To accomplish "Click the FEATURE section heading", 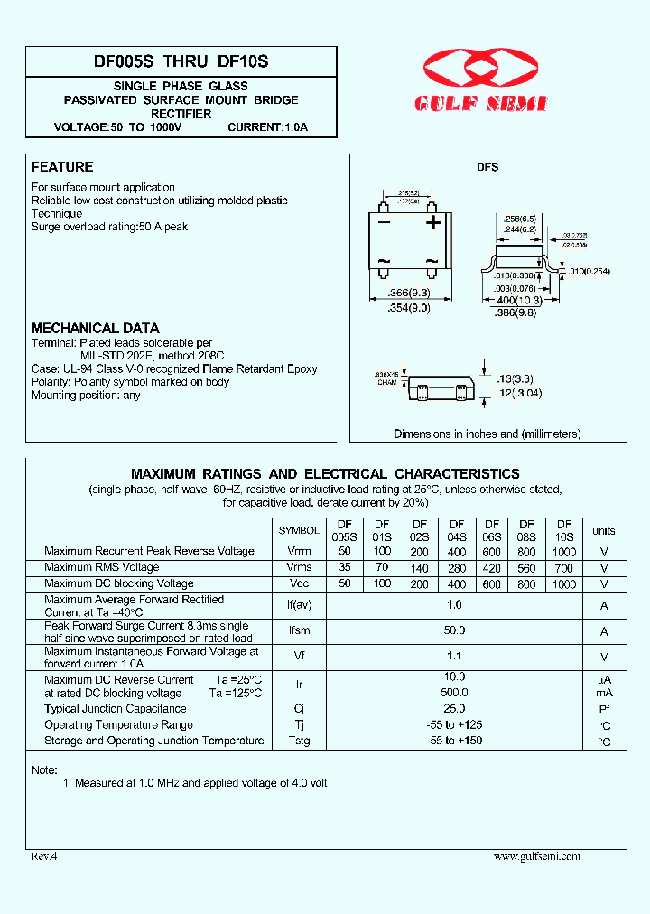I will (x=62, y=167).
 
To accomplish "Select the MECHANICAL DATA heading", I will (x=96, y=329).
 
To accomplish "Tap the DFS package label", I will (x=487, y=168).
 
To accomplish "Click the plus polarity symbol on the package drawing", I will (x=433, y=222).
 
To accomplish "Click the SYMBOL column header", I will (x=299, y=531).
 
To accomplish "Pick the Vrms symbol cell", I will (x=299, y=568).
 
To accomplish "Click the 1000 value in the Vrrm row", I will (x=563, y=551).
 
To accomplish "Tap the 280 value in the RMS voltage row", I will (x=457, y=568).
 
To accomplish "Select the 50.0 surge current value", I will (x=455, y=630).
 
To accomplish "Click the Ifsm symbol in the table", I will (x=299, y=631).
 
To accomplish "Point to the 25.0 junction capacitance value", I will (x=455, y=709).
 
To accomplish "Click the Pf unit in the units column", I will (x=604, y=710).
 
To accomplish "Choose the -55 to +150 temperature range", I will (x=455, y=741).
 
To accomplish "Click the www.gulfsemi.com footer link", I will (x=536, y=856).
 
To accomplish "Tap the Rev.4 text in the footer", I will (x=44, y=856).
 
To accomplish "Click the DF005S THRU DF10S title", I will (x=181, y=62).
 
